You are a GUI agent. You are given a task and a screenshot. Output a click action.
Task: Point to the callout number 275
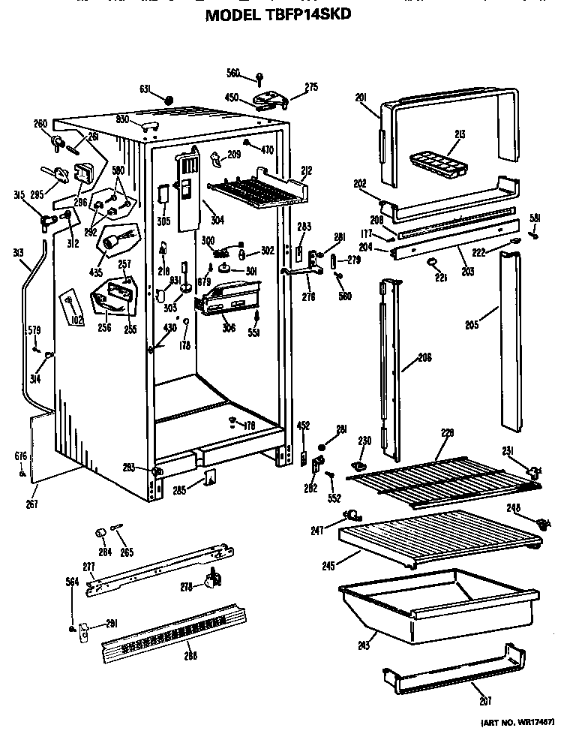point(311,88)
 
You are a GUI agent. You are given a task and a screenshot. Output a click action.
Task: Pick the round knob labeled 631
point(168,99)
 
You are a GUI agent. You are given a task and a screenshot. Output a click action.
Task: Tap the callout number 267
point(31,504)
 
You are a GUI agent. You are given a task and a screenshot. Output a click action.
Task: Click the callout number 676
point(19,456)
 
